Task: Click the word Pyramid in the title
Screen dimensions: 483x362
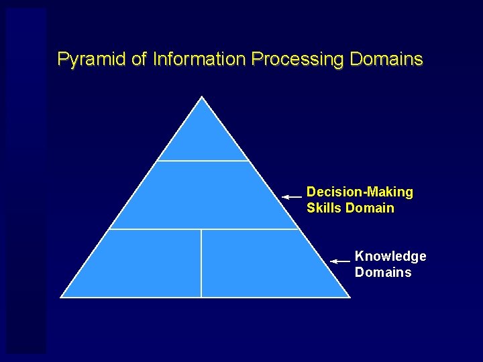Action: (x=92, y=60)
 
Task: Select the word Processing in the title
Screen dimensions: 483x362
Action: (x=298, y=60)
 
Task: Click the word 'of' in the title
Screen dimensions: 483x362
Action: (x=139, y=60)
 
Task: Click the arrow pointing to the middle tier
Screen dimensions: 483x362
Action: (x=292, y=197)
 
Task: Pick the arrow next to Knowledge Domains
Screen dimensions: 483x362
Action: (x=341, y=260)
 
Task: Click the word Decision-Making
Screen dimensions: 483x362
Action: (x=360, y=192)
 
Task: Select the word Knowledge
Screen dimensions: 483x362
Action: (x=390, y=256)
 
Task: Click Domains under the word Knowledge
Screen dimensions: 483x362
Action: (x=383, y=272)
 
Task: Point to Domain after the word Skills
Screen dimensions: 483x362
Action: (x=370, y=208)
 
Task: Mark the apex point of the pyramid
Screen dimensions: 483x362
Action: (x=203, y=97)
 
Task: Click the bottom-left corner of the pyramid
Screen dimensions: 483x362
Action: (x=61, y=296)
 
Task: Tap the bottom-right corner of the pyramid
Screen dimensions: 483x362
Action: (x=350, y=296)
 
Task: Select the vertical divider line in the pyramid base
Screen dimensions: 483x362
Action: (x=201, y=263)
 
